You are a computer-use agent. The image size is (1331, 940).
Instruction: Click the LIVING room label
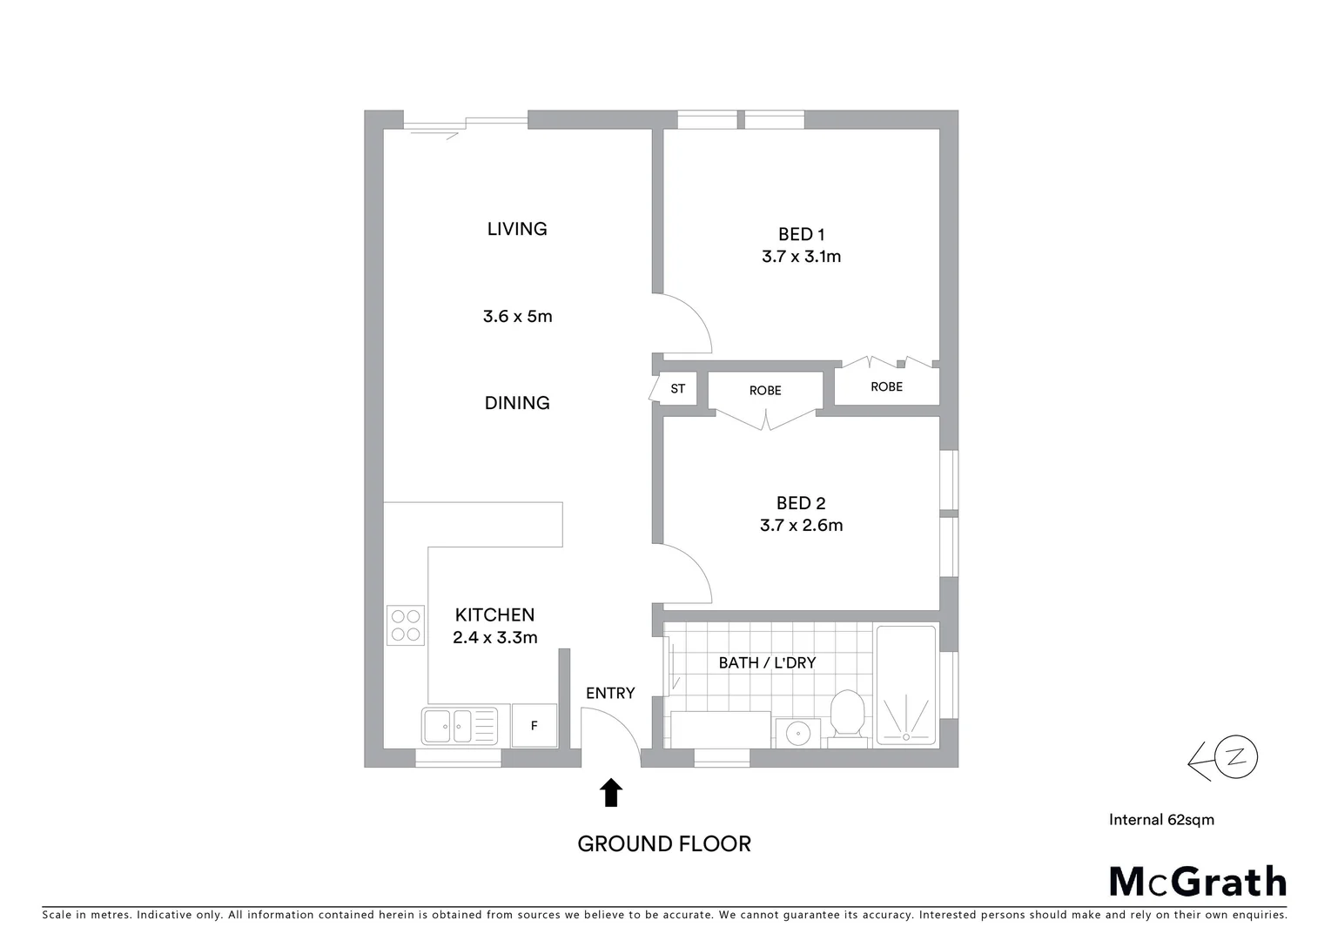(x=517, y=229)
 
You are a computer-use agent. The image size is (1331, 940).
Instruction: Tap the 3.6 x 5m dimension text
(x=517, y=316)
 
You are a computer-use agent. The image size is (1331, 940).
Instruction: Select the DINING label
(x=517, y=402)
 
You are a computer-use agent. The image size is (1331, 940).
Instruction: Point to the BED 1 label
(x=801, y=234)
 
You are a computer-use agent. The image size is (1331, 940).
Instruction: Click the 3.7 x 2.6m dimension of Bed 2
(x=801, y=526)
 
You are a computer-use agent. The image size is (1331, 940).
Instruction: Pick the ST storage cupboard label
(x=677, y=389)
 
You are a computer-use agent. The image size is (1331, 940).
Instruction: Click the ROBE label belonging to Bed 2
(x=765, y=391)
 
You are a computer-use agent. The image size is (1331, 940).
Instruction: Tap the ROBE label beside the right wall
(x=886, y=386)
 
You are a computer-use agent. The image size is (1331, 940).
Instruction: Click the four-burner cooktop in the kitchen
(x=406, y=625)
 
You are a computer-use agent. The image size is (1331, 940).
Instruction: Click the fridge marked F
(x=534, y=726)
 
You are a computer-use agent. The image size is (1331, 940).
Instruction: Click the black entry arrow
(x=612, y=792)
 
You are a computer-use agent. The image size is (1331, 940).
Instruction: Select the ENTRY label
(x=610, y=694)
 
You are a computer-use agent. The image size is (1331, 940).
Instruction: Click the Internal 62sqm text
(x=1161, y=819)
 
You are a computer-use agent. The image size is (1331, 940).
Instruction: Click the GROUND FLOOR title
(x=664, y=843)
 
